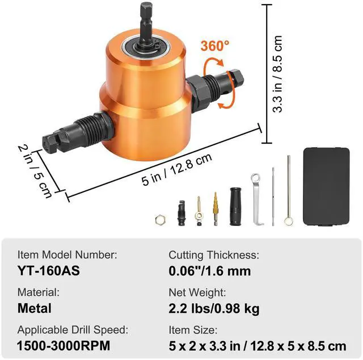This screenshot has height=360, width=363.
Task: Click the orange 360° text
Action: tap(215, 45)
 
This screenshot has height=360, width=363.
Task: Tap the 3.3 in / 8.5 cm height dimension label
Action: tap(277, 74)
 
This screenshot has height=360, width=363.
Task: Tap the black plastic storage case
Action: tap(326, 187)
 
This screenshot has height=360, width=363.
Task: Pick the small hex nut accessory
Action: tap(160, 220)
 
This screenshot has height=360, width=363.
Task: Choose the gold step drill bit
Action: tap(216, 209)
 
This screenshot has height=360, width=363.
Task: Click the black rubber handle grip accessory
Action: tap(236, 206)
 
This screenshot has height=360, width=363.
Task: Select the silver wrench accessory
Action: tap(256, 199)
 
